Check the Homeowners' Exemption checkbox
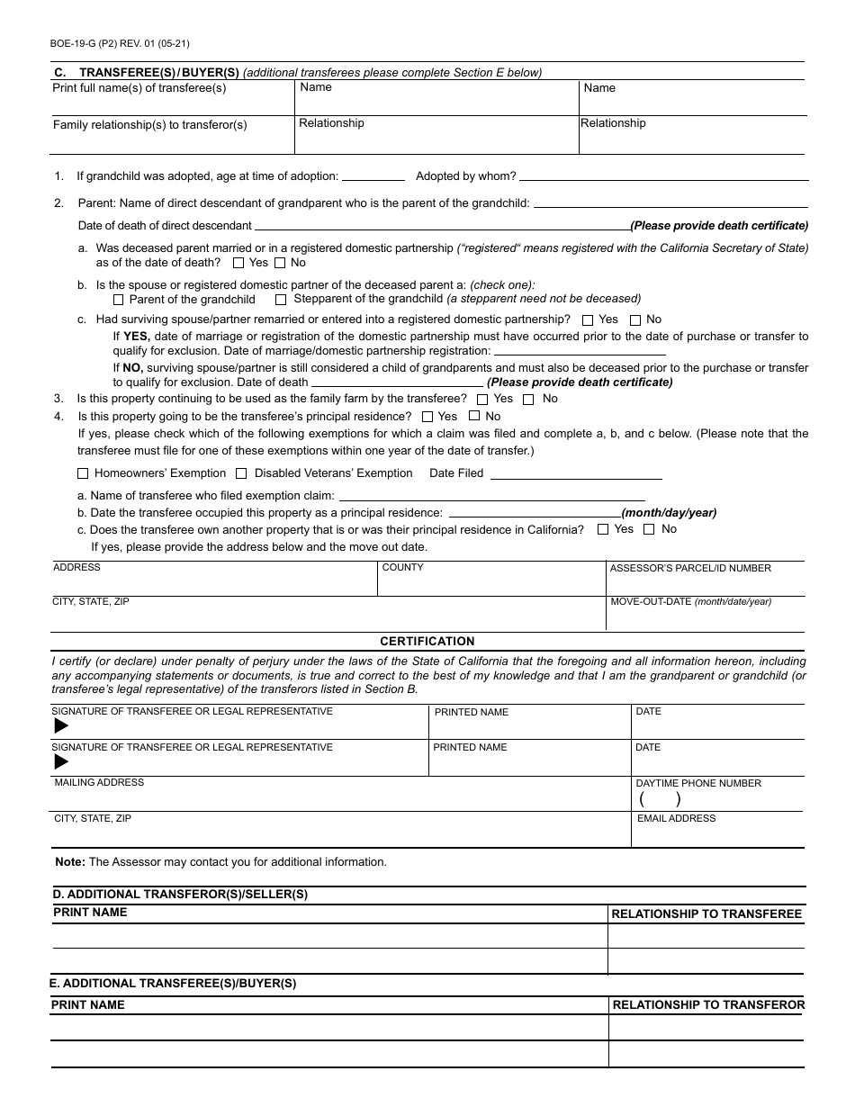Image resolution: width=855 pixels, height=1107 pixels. [83, 473]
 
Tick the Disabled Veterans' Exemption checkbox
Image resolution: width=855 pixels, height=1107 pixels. [241, 473]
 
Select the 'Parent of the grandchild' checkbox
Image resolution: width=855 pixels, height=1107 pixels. [119, 300]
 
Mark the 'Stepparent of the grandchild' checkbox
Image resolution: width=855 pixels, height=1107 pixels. [281, 300]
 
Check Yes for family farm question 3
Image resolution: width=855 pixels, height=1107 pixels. [483, 399]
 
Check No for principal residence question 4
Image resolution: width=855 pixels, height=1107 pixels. [474, 416]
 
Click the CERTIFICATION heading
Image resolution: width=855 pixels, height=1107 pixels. [427, 642]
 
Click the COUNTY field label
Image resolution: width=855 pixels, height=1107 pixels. [402, 567]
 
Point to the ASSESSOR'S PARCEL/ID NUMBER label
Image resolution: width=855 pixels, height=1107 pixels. [690, 568]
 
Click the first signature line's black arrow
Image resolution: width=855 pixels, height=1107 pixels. [61, 725]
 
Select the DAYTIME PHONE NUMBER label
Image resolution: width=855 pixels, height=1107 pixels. [698, 783]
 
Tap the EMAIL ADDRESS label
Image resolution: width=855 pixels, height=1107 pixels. [676, 818]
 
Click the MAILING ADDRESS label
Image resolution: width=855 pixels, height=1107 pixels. [99, 782]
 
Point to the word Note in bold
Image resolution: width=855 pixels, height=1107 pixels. [70, 861]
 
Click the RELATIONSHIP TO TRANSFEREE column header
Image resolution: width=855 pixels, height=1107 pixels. [706, 913]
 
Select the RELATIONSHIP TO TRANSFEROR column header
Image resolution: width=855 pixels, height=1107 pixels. [708, 1004]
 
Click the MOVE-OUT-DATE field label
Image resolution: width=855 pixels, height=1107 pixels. [690, 601]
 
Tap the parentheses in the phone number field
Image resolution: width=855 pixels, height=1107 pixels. [660, 798]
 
